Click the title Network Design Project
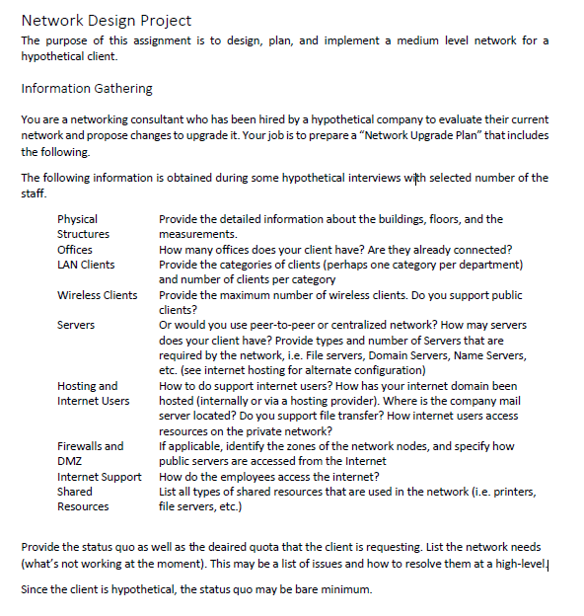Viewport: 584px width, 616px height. click(106, 20)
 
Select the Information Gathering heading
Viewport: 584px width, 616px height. click(87, 89)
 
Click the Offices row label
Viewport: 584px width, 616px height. click(75, 250)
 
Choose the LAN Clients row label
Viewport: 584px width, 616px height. click(86, 265)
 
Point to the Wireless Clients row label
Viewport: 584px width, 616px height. click(98, 295)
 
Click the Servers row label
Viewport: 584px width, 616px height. click(76, 325)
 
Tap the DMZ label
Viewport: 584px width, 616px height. click(70, 461)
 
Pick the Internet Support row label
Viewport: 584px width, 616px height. click(100, 477)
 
